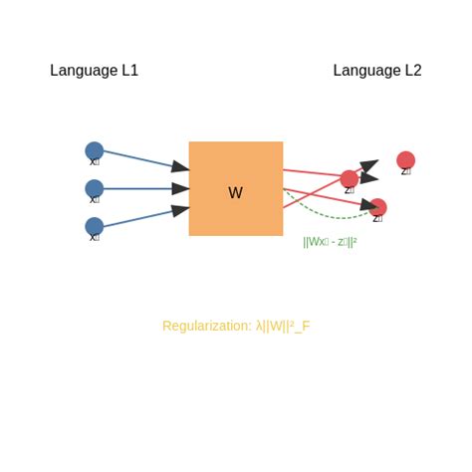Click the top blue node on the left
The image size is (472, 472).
[95, 151]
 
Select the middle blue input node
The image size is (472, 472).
[95, 188]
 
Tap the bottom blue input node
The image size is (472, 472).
[95, 226]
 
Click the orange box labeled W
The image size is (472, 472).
[236, 188]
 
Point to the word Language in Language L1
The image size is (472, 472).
[84, 71]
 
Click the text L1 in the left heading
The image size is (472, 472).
[129, 71]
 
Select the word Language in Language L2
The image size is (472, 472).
[366, 71]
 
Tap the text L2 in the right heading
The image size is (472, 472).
[412, 71]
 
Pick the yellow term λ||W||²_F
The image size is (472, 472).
[283, 326]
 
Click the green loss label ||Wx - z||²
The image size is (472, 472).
[330, 241]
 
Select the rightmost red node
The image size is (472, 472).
[405, 160]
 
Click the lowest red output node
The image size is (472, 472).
[377, 207]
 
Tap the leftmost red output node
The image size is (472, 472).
[350, 179]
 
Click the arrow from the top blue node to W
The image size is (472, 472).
[144, 160]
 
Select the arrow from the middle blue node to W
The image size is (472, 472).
[144, 188]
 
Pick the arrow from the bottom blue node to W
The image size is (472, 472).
[144, 216]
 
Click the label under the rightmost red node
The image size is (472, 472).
[405, 172]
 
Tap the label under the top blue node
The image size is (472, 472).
[95, 162]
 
